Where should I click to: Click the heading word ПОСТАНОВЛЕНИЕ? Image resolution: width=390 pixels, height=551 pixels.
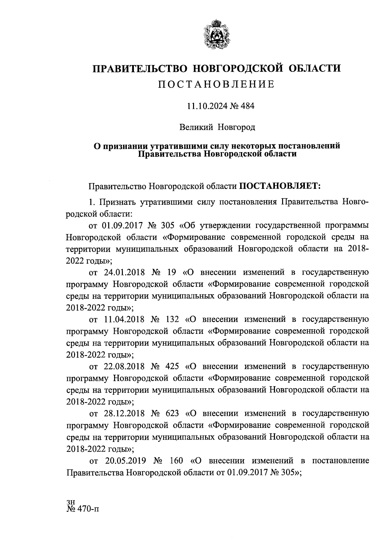pos(216,85)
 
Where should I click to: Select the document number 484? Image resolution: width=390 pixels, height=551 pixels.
pos(248,106)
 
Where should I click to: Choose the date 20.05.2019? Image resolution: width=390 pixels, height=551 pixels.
pos(126,461)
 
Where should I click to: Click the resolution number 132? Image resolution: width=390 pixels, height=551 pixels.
pos(172,319)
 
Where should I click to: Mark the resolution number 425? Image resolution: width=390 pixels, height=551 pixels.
pos(172,366)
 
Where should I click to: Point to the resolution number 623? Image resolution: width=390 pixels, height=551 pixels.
pos(172,413)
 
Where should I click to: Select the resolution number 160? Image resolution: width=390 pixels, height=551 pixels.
pos(176,461)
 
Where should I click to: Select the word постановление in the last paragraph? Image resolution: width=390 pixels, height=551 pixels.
pos(341,461)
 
